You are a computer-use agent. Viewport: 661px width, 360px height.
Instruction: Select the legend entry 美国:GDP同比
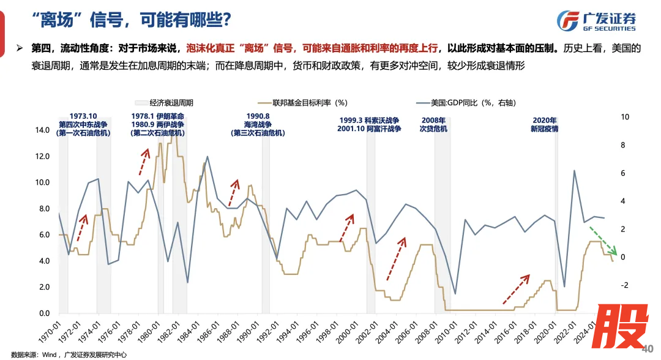tap(469, 103)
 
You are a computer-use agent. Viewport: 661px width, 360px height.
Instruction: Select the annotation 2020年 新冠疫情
tap(544, 124)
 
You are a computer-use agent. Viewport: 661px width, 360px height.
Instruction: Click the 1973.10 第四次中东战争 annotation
tap(83, 124)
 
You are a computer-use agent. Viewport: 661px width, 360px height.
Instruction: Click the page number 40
tap(647, 350)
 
